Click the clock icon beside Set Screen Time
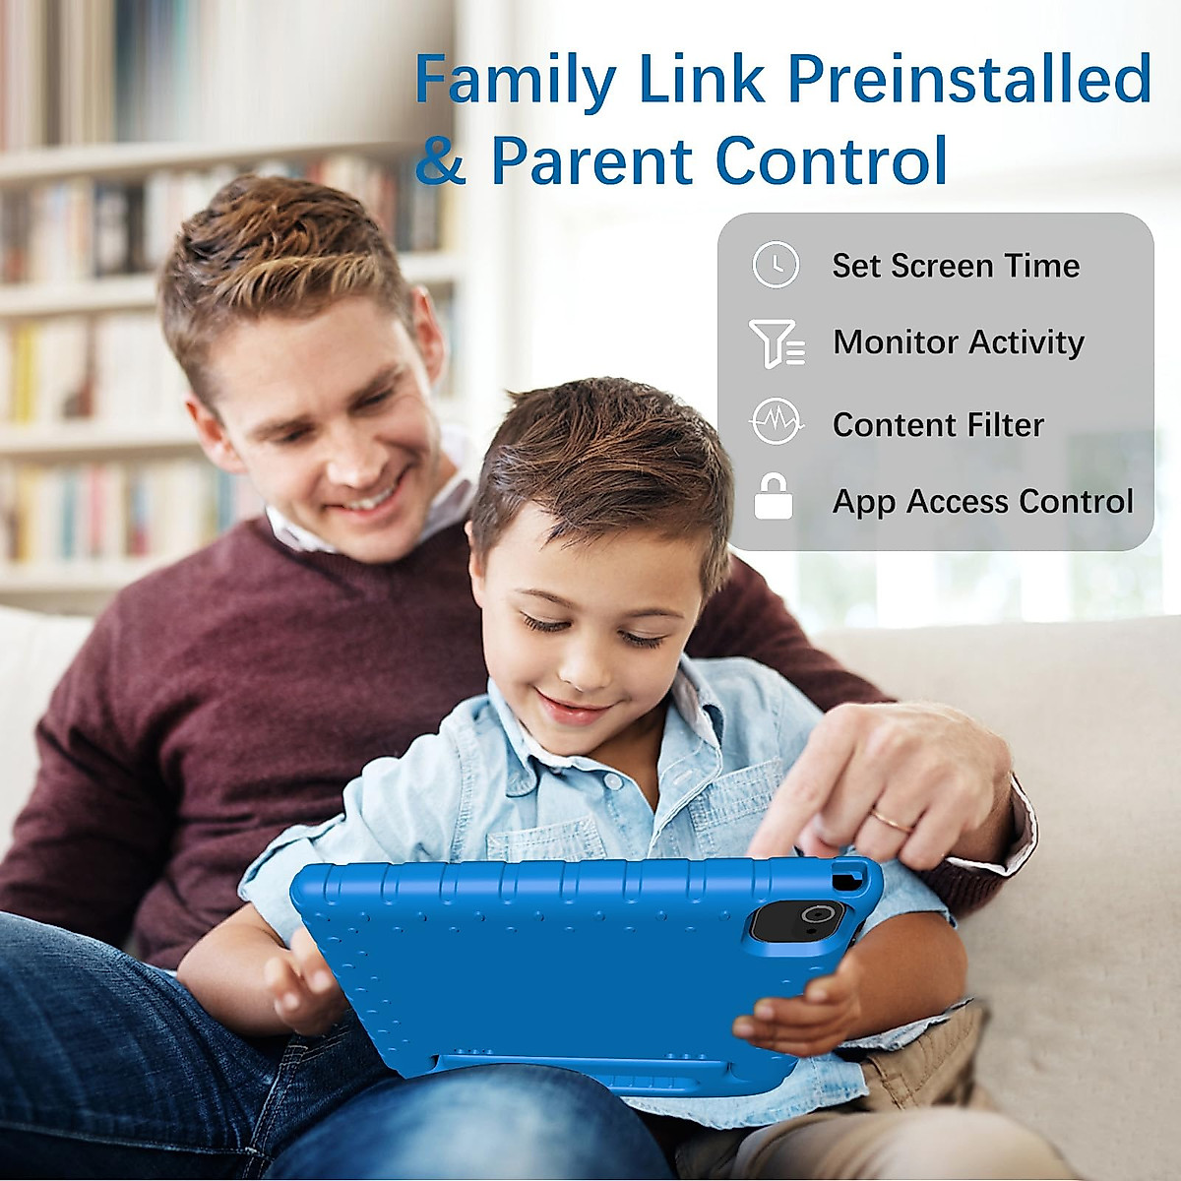[x=776, y=265]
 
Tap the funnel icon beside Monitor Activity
[x=777, y=343]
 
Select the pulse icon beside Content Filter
[x=777, y=422]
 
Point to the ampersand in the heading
[x=440, y=160]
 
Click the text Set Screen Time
[x=956, y=266]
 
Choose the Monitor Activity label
[x=959, y=342]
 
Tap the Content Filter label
[x=938, y=425]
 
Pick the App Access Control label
[x=983, y=502]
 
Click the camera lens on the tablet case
[x=814, y=915]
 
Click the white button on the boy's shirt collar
[x=612, y=782]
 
